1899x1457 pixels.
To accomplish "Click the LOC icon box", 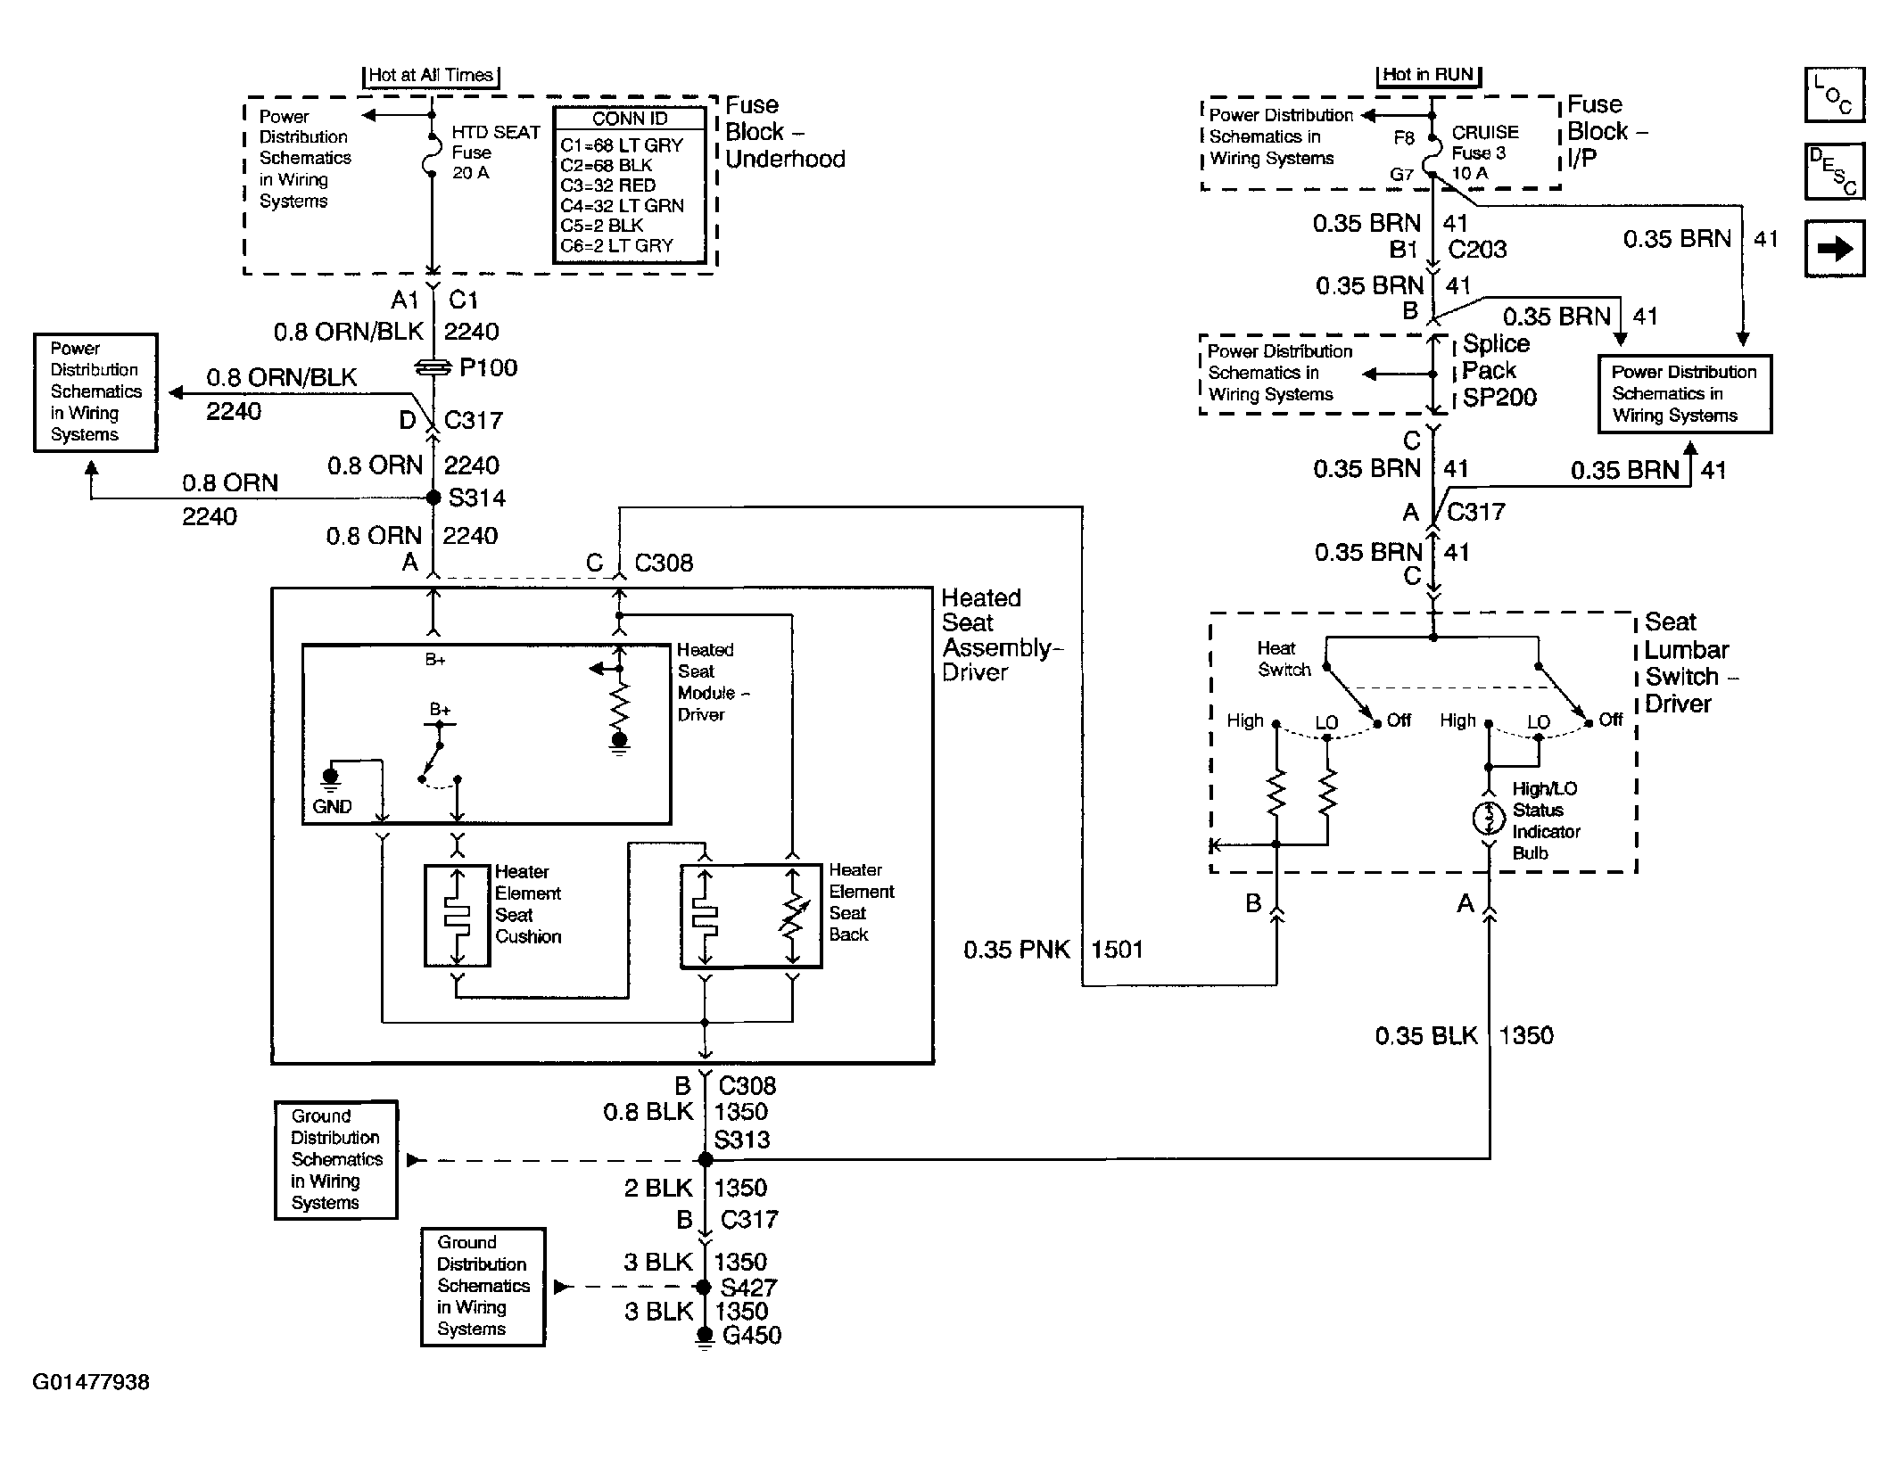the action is click(x=1834, y=95).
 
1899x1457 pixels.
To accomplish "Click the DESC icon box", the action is click(x=1834, y=171).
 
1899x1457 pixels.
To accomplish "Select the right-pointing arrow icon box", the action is click(x=1834, y=249).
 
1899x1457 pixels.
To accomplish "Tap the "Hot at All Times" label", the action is click(x=431, y=76).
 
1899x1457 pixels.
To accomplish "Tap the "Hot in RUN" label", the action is click(x=1427, y=75).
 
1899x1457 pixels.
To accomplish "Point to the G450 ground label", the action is click(x=751, y=1335).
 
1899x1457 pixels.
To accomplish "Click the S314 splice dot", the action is click(x=433, y=498).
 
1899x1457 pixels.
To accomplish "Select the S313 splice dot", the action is click(x=705, y=1159).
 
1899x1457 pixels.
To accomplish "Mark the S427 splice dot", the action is click(x=704, y=1287).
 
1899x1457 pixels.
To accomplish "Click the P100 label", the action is click(x=488, y=367).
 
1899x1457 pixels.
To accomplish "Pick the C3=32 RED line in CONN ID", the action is click(x=607, y=185).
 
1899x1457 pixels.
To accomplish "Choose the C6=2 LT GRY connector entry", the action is click(x=616, y=245).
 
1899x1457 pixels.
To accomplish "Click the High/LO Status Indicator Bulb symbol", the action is click(x=1488, y=819).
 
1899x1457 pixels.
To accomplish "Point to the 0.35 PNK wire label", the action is click(x=1016, y=950).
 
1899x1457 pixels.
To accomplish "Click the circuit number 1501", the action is click(x=1117, y=950).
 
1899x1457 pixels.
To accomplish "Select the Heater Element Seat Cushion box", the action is click(x=457, y=915).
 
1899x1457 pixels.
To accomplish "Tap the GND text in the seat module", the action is click(x=332, y=806).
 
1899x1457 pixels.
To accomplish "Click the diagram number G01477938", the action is click(x=91, y=1382).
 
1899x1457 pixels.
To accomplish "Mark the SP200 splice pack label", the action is click(x=1499, y=397).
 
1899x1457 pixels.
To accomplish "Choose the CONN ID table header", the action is click(x=630, y=119).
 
